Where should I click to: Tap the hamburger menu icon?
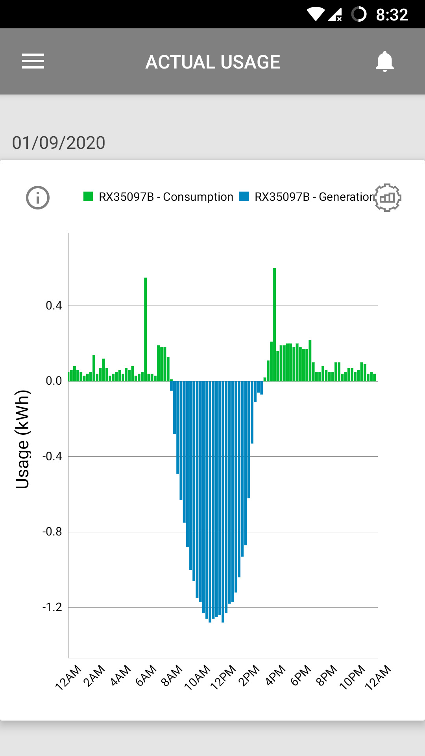tap(33, 61)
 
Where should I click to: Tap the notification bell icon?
tap(384, 61)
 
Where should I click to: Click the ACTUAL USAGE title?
tap(213, 62)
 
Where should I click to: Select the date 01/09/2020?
tap(59, 143)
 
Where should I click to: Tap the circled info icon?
tap(38, 198)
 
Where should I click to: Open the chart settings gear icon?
tap(387, 198)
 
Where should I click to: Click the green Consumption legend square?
tap(88, 196)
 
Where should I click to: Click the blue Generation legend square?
tap(244, 196)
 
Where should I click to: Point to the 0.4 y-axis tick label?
tap(54, 306)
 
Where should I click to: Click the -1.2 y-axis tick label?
tap(52, 607)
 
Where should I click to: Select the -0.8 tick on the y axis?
tap(52, 532)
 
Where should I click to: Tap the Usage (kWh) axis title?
tap(22, 439)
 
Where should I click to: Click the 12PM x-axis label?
tap(223, 677)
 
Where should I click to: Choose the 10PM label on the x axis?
tap(352, 677)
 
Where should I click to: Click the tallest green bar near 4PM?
tap(274, 323)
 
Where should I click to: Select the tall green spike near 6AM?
tap(145, 327)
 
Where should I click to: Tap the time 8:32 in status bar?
tap(392, 15)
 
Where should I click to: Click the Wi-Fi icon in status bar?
tap(315, 14)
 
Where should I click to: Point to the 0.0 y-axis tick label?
tap(54, 381)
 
